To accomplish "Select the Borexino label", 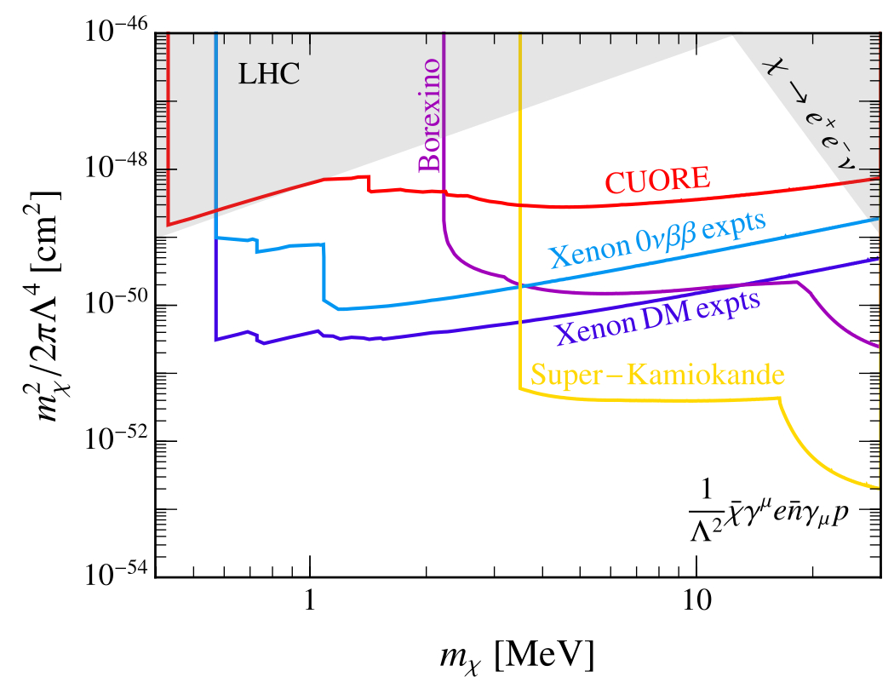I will tap(429, 115).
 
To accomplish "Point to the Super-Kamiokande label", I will tap(656, 374).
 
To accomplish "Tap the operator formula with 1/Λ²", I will tap(771, 512).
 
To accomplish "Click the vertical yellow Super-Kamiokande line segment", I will tap(519, 213).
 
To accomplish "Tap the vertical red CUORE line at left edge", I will tap(169, 128).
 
